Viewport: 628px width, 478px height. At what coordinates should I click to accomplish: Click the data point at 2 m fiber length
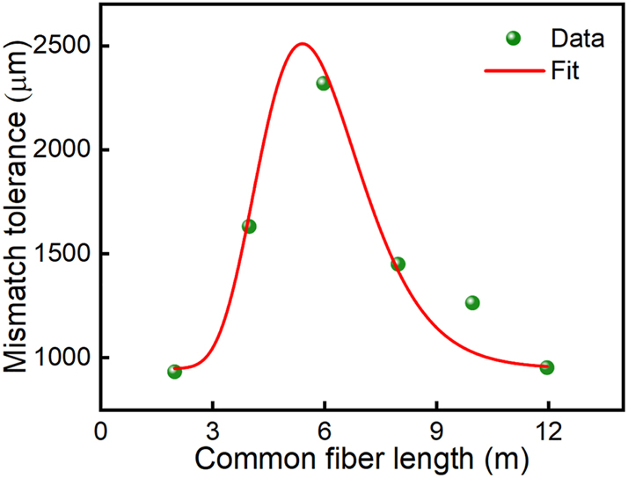tap(174, 372)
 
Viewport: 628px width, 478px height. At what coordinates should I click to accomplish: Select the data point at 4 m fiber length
tap(249, 226)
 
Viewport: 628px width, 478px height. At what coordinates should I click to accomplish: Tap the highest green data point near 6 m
tap(323, 83)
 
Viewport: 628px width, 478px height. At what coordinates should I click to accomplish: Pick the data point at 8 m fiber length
tap(398, 264)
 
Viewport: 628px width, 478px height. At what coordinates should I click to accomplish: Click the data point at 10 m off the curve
tap(472, 302)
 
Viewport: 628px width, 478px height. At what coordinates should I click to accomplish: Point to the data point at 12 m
tap(546, 367)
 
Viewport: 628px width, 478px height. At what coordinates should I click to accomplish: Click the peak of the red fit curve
tap(302, 43)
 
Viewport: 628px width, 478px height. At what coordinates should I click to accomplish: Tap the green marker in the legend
tap(514, 38)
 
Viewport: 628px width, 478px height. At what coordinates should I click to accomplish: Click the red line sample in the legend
tap(512, 70)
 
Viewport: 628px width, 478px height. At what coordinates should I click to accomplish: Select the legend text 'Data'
tap(577, 38)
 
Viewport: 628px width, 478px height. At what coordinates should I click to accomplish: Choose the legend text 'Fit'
tap(565, 70)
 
